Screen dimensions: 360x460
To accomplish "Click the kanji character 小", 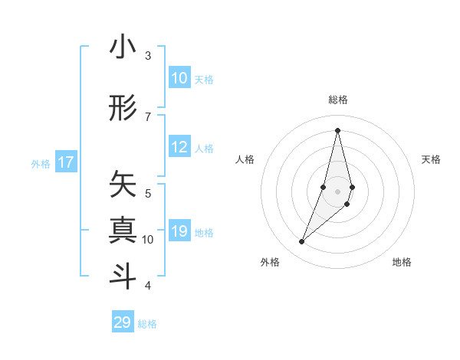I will pyautogui.click(x=123, y=47).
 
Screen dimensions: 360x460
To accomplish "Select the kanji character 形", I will pyautogui.click(x=123, y=109).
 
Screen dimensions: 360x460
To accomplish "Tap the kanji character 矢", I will pyautogui.click(x=123, y=184).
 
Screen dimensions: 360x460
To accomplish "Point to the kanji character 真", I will pyautogui.click(x=123, y=229).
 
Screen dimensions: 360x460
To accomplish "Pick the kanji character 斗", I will pyautogui.click(x=123, y=275).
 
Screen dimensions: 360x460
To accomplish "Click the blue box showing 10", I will pyautogui.click(x=179, y=78).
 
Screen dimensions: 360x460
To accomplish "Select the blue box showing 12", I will pyautogui.click(x=179, y=148).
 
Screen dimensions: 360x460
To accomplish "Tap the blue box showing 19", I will pyautogui.click(x=179, y=232).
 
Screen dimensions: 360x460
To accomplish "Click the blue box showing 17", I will pyautogui.click(x=65, y=162).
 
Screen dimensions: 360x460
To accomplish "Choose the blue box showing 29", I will pyautogui.click(x=123, y=322).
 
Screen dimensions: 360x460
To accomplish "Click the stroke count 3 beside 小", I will pyautogui.click(x=148, y=56).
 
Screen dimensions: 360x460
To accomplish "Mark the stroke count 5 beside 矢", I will pyautogui.click(x=148, y=193).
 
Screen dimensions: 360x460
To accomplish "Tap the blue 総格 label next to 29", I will pyautogui.click(x=148, y=324).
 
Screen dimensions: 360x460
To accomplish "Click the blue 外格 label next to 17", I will pyautogui.click(x=41, y=163).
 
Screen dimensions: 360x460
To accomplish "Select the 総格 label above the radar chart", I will pyautogui.click(x=338, y=100).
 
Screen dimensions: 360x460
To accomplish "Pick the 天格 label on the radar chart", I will pyautogui.click(x=432, y=159).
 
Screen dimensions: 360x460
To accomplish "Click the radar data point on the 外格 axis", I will pyautogui.click(x=302, y=242).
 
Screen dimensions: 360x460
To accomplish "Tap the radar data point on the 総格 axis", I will pyautogui.click(x=338, y=129).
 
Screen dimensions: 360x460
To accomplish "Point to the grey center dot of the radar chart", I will pyautogui.click(x=338, y=191).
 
